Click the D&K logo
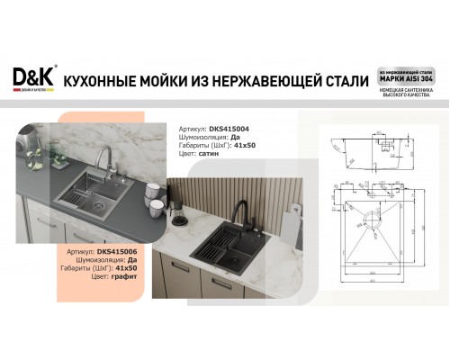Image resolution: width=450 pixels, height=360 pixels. coord(33,78)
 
